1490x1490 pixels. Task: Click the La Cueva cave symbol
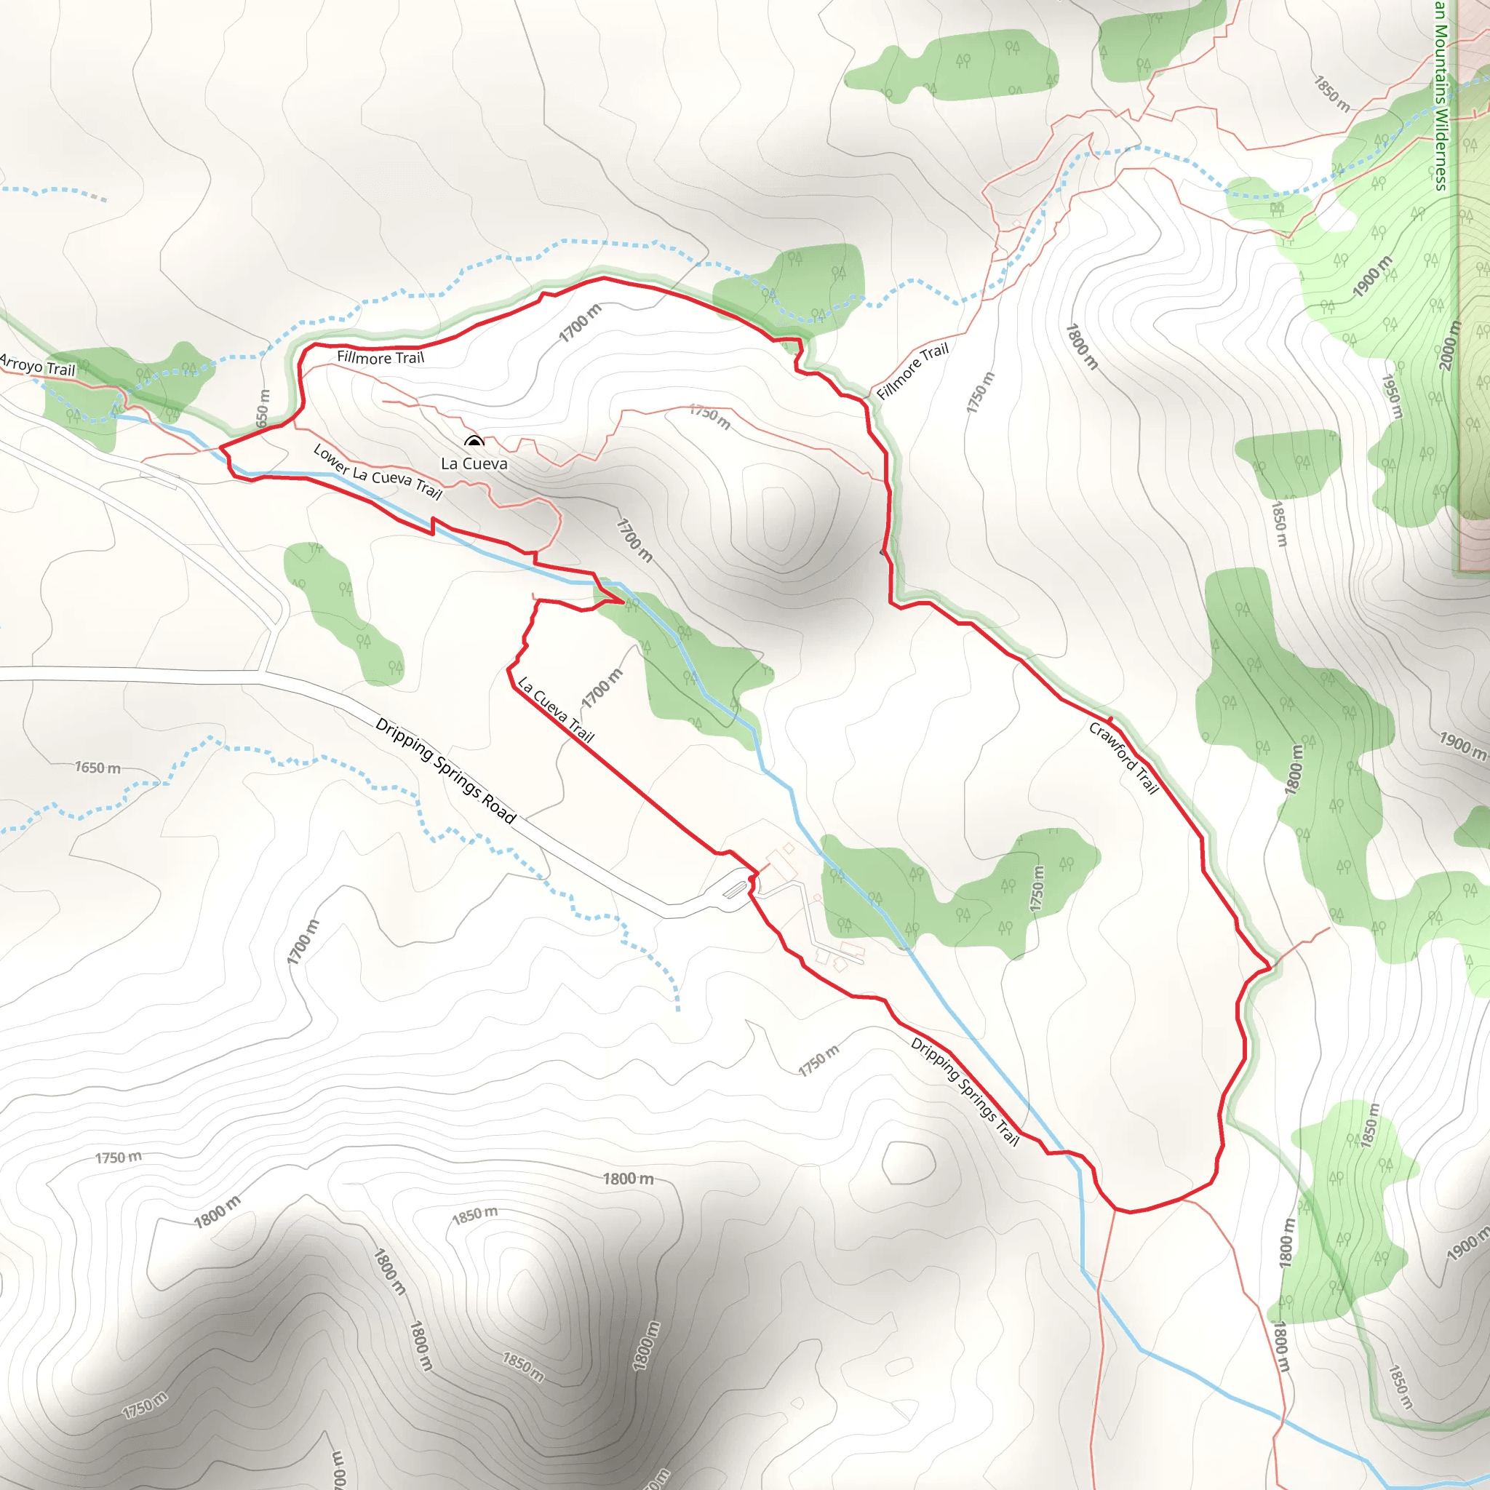pyautogui.click(x=474, y=442)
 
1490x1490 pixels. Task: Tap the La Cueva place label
pyautogui.click(x=474, y=463)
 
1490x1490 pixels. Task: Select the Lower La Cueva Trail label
pyautogui.click(x=377, y=472)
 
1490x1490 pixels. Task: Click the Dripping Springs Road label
pyautogui.click(x=445, y=770)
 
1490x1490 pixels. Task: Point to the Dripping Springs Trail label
pyautogui.click(x=964, y=1091)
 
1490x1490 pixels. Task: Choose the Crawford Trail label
pyautogui.click(x=1123, y=757)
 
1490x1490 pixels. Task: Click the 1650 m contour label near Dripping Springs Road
pyautogui.click(x=98, y=768)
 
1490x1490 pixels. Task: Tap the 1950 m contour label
pyautogui.click(x=1391, y=397)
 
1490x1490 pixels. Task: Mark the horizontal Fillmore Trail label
pyautogui.click(x=381, y=358)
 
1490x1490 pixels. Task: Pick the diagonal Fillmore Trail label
pyautogui.click(x=912, y=370)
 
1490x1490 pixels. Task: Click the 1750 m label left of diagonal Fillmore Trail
pyautogui.click(x=981, y=392)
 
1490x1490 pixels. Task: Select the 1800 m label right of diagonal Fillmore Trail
pyautogui.click(x=1081, y=346)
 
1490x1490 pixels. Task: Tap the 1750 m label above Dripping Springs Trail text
pyautogui.click(x=818, y=1061)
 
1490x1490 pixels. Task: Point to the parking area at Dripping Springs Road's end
pyautogui.click(x=736, y=888)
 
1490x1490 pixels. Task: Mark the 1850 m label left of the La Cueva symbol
pyautogui.click(x=474, y=1214)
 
